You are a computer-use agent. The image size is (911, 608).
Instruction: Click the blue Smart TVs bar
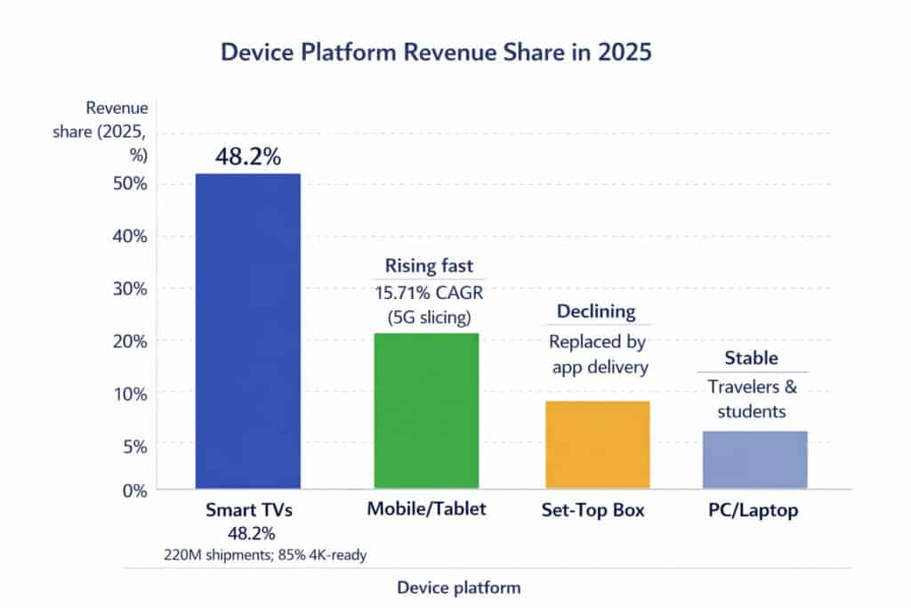(x=247, y=330)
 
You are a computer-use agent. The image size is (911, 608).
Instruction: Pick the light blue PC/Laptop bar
(x=754, y=459)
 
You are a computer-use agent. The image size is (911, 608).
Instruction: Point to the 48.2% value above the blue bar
(x=247, y=158)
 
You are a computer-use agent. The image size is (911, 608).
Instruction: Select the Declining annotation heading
(x=596, y=312)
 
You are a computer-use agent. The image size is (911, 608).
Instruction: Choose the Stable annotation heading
(x=752, y=359)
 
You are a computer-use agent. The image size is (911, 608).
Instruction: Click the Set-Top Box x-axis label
(x=593, y=512)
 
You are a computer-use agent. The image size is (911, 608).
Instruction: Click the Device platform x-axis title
(x=458, y=588)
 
